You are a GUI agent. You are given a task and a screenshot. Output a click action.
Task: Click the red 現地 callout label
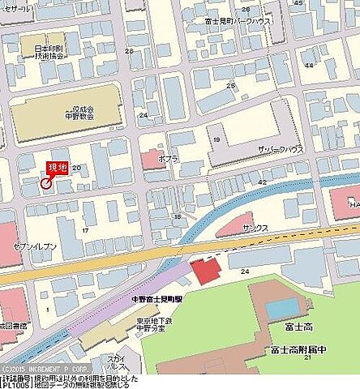(58, 167)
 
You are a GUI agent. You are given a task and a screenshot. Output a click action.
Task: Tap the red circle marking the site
(45, 183)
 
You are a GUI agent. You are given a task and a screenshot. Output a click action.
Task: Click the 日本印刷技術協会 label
(49, 53)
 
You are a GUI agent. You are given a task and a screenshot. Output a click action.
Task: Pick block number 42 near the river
(261, 183)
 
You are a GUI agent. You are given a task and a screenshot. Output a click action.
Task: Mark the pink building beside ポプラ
(152, 158)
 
